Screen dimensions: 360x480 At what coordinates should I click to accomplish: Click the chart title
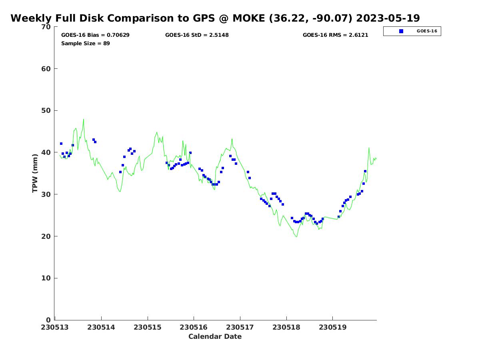click(x=215, y=18)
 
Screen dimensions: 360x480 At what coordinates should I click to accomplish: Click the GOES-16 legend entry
click(x=412, y=31)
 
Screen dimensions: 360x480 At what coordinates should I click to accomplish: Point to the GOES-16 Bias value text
click(x=95, y=35)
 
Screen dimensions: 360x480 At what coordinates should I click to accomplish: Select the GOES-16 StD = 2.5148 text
click(x=197, y=35)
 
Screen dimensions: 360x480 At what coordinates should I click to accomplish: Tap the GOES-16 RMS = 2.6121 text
click(x=335, y=35)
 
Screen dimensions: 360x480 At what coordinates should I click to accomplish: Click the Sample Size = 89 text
click(x=85, y=44)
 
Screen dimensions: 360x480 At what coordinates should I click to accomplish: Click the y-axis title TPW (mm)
click(x=35, y=173)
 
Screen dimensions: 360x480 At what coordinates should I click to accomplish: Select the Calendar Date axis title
click(x=215, y=336)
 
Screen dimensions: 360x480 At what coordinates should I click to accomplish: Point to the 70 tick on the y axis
click(x=46, y=27)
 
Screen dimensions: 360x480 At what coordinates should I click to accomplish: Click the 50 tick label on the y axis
click(x=46, y=111)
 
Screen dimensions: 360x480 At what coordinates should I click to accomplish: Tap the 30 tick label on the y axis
click(x=46, y=194)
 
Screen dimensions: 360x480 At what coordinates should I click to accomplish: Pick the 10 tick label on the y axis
click(x=46, y=278)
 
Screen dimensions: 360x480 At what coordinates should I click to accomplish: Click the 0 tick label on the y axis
click(x=48, y=320)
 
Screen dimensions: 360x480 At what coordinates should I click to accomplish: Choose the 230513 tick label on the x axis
click(x=55, y=328)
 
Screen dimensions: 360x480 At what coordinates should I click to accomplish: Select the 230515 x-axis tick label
click(x=148, y=328)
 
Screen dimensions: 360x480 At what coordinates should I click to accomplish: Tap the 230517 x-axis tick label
click(x=240, y=328)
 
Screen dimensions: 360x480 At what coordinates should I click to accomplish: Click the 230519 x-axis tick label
click(x=332, y=328)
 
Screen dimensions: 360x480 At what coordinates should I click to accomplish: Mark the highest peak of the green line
click(x=83, y=119)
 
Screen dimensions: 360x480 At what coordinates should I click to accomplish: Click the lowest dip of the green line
click(x=296, y=237)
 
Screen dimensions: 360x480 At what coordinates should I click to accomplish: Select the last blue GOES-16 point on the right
click(x=365, y=171)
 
